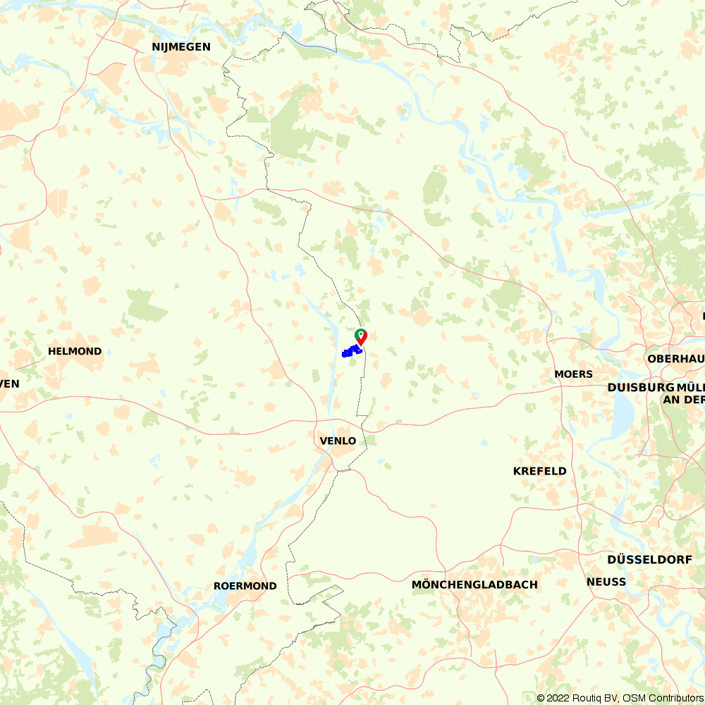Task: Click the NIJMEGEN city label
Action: [181, 47]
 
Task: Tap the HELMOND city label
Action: [75, 351]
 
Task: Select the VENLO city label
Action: [338, 441]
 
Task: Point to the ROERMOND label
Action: [245, 586]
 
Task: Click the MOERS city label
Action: [574, 374]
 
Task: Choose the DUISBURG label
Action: [640, 388]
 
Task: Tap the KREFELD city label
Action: [540, 471]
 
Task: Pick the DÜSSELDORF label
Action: [649, 559]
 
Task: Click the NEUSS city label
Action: [606, 582]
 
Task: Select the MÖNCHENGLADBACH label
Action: [474, 584]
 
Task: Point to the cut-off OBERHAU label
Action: [676, 359]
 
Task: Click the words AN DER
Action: [683, 400]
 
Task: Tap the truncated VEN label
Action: [10, 384]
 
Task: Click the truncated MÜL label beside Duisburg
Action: [690, 388]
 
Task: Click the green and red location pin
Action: [360, 336]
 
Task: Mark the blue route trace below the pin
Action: [350, 351]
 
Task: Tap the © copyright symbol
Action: [541, 698]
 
